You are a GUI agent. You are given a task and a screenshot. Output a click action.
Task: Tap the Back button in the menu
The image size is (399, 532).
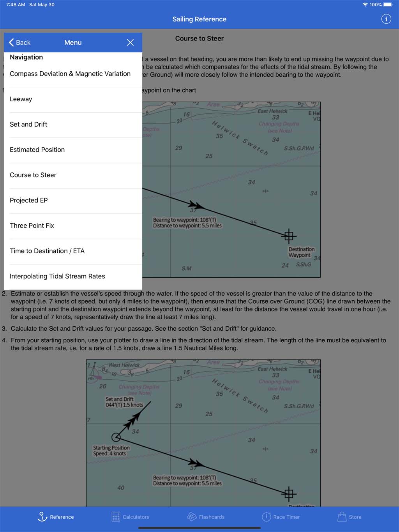19,42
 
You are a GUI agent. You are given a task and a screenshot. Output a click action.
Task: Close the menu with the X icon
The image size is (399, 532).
130,42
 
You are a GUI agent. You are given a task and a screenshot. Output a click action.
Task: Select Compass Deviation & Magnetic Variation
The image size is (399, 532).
70,74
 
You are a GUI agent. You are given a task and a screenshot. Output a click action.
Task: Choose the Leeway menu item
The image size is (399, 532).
21,99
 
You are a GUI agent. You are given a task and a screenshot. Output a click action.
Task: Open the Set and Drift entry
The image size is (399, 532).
28,124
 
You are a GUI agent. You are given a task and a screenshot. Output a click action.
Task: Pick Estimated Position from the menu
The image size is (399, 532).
37,150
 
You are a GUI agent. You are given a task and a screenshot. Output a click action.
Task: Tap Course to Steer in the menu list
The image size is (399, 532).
33,175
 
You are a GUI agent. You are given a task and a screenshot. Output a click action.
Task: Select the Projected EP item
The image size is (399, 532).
29,200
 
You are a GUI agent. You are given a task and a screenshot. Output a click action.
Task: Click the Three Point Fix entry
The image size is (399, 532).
32,225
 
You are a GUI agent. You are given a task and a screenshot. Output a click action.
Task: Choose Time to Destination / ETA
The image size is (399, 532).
47,251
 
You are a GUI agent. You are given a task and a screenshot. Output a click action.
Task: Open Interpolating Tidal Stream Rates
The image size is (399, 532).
57,276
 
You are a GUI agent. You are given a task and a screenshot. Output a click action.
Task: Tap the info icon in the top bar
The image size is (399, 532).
386,19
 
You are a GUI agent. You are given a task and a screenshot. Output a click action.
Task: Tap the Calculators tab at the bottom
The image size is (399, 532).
130,517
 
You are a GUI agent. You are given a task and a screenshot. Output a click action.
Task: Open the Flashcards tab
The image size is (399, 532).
206,517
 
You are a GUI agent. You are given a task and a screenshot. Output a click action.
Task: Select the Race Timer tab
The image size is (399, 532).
281,517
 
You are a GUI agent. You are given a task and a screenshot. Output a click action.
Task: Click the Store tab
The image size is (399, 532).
349,517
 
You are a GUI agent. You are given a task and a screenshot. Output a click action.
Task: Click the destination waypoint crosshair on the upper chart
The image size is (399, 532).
289,236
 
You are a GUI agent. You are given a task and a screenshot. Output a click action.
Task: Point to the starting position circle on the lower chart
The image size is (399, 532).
116,437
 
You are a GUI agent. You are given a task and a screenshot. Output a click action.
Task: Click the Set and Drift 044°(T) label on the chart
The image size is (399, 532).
124,402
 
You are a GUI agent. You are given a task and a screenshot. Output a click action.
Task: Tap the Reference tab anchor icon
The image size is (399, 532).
42,516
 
